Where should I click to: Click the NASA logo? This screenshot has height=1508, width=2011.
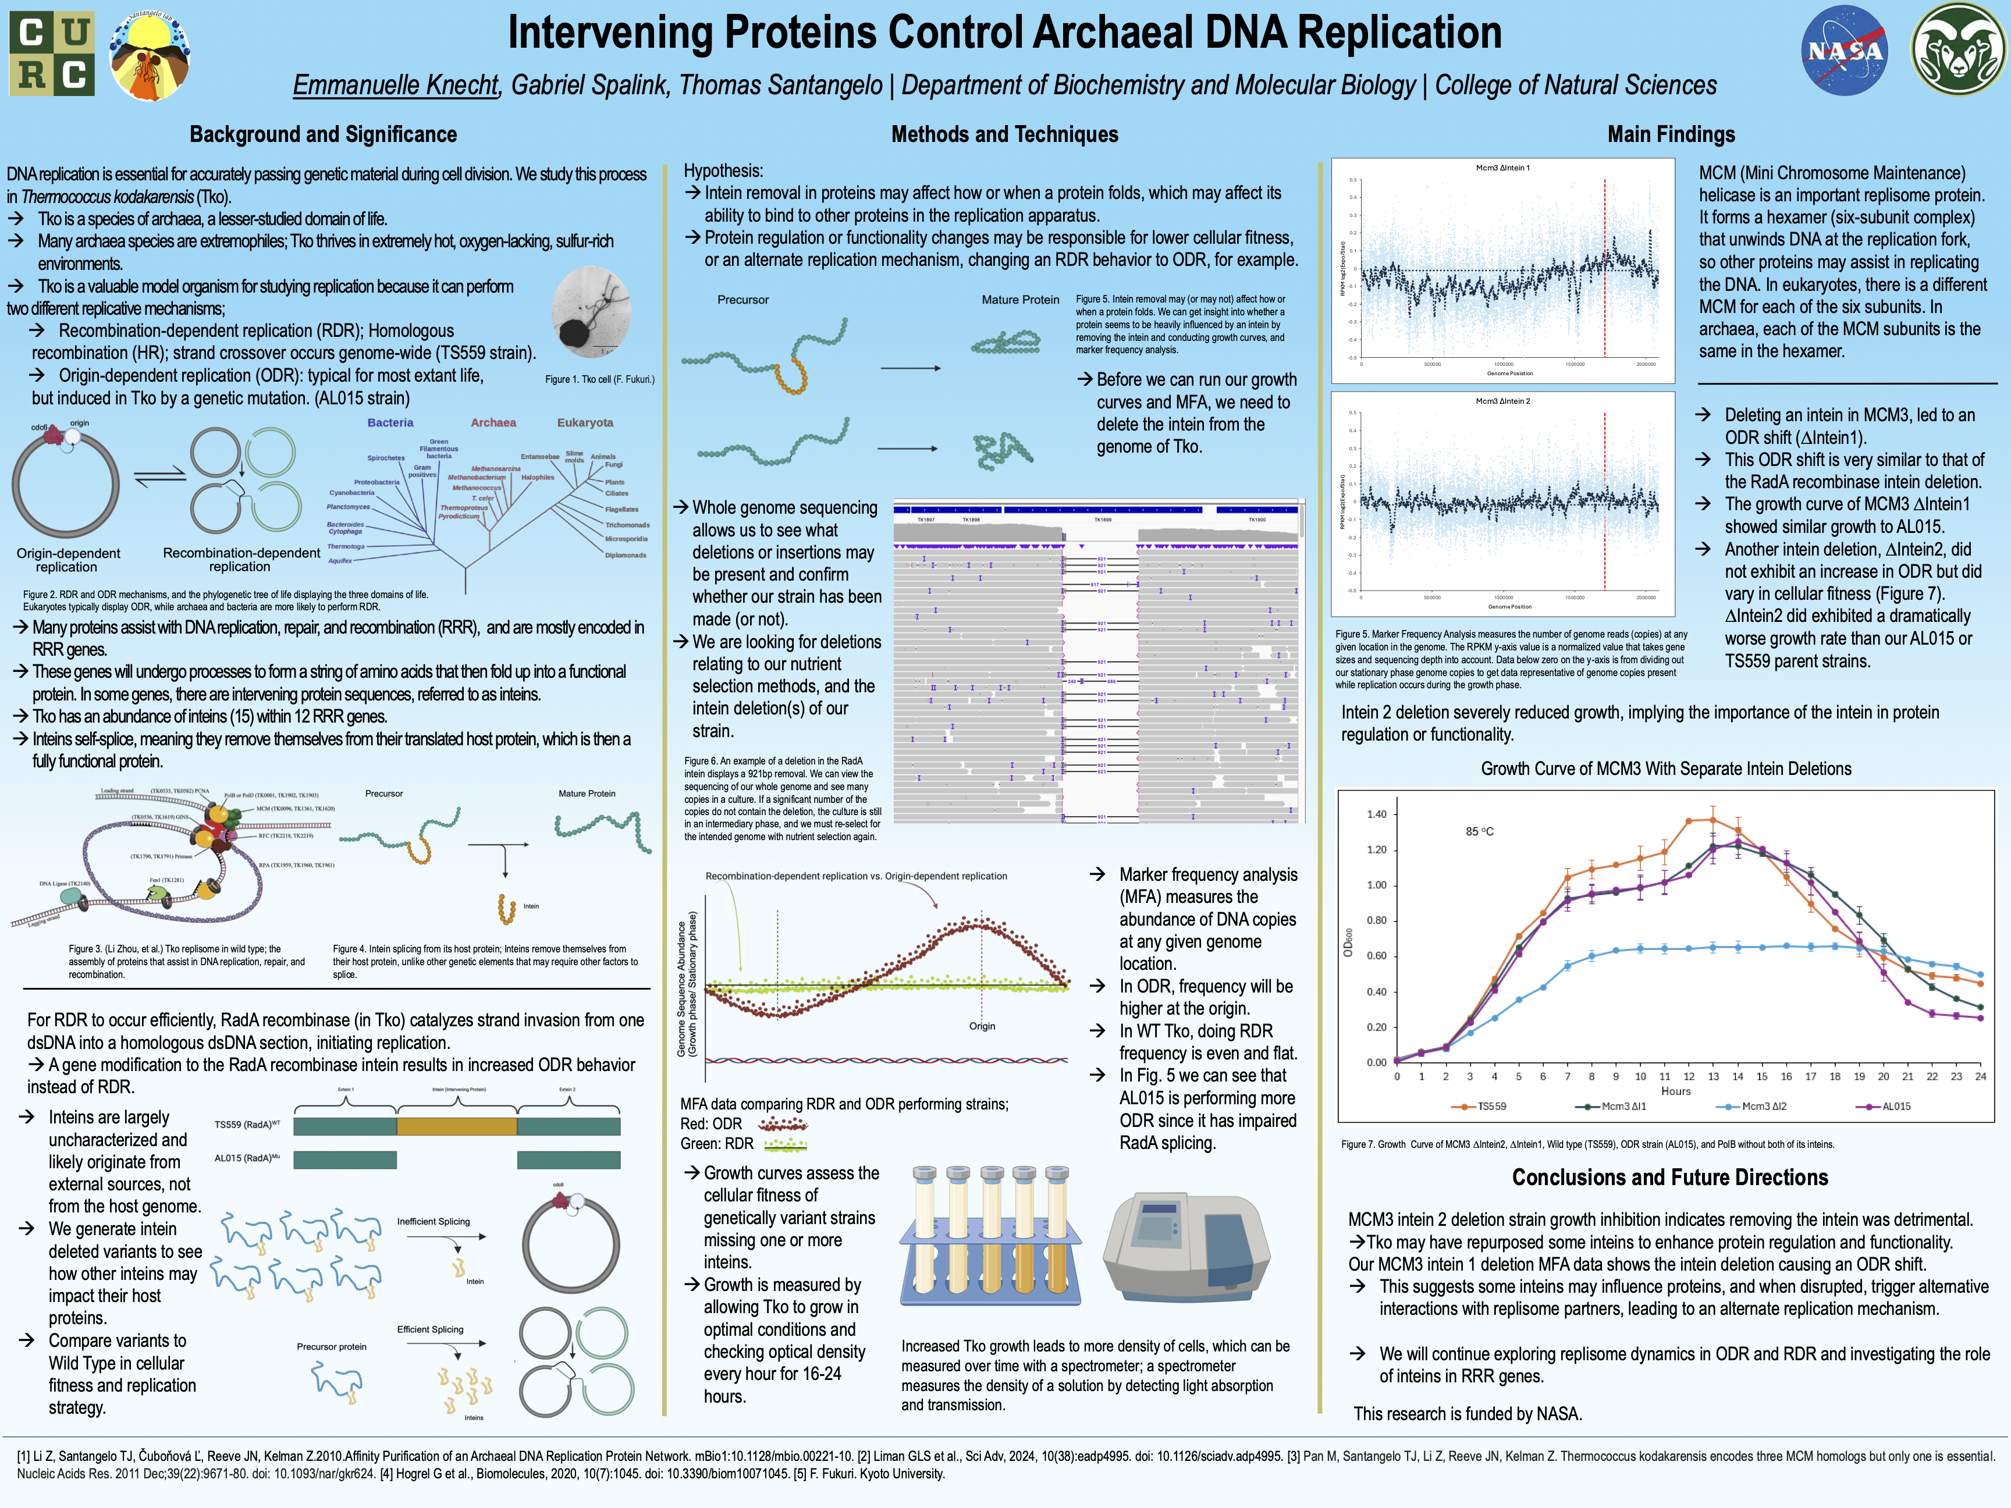1844,50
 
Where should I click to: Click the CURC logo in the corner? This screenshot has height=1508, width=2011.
52,55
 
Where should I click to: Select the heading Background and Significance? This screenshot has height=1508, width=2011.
323,134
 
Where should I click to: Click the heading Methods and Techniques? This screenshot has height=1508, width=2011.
1004,134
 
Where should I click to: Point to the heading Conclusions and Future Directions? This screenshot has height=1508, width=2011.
1669,1177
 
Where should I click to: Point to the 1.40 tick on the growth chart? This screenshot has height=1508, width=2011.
1376,815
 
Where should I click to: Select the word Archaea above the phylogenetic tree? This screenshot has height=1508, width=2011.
493,423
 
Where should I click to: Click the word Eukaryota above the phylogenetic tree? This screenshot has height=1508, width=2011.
585,423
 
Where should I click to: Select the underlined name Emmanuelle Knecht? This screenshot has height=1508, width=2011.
396,86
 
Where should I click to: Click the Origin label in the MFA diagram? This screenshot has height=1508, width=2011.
982,1026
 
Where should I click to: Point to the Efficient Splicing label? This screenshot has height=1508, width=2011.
430,1329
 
